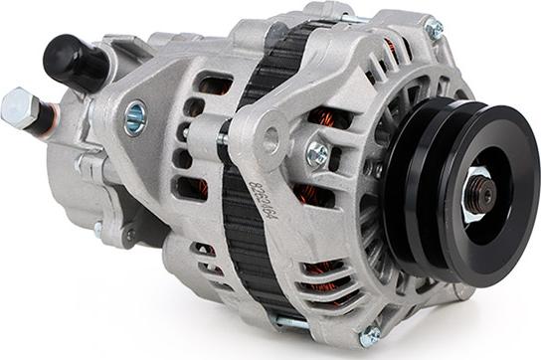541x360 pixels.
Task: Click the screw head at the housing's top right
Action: [434, 30]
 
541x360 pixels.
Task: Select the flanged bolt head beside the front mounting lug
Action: [318, 153]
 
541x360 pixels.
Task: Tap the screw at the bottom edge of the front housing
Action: [369, 336]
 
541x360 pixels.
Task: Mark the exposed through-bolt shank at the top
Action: [349, 16]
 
